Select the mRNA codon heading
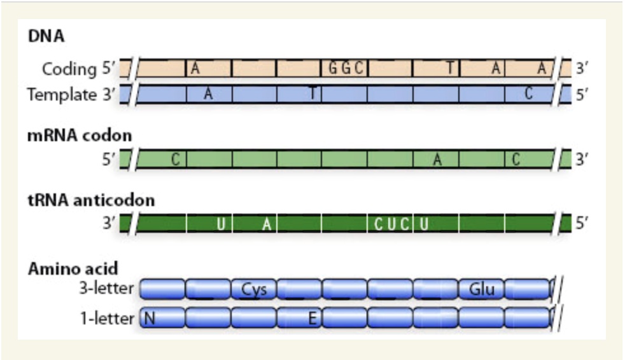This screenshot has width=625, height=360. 80,135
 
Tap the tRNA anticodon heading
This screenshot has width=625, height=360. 91,201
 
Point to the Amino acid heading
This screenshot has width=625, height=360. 73,268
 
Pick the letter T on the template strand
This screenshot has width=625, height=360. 312,94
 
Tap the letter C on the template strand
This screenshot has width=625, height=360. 528,94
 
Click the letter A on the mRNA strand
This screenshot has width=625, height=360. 437,160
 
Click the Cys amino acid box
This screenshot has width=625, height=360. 254,289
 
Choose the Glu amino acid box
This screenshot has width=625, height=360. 481,289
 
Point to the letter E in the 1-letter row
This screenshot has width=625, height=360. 312,318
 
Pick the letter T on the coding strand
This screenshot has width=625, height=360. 449,68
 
